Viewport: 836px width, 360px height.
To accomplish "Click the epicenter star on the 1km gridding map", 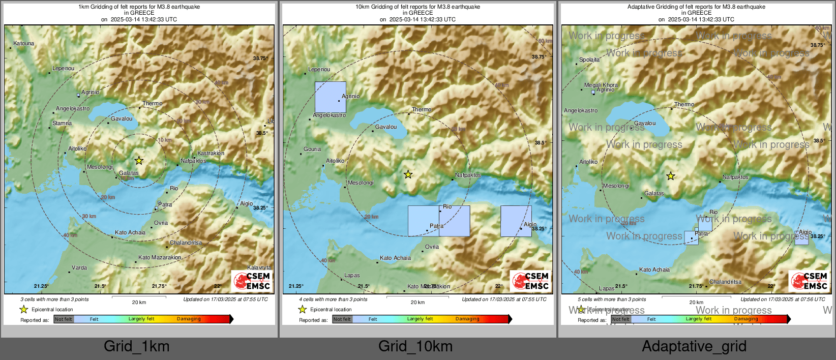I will click(x=139, y=161).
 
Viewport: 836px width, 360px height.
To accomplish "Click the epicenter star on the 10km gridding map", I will click(x=408, y=175).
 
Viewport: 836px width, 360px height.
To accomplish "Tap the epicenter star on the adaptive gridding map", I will click(x=671, y=176).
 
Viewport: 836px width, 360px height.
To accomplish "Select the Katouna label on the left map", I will click(x=23, y=44).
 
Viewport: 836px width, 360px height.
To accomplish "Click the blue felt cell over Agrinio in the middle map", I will click(x=330, y=97).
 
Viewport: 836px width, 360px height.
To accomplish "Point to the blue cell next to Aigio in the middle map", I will click(x=516, y=221).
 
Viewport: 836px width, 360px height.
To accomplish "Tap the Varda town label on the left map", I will click(x=79, y=267).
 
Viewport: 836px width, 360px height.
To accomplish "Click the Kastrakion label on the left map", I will click(x=211, y=153).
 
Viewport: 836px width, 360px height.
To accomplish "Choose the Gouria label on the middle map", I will click(x=312, y=149).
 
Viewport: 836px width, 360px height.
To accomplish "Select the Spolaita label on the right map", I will click(x=589, y=59).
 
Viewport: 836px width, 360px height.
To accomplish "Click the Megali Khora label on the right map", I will click(x=601, y=85).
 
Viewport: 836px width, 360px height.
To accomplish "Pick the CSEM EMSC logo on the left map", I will click(x=252, y=281).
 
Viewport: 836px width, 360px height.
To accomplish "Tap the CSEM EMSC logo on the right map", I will click(x=810, y=281).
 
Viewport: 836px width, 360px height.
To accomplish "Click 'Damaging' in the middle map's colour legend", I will click(x=467, y=319).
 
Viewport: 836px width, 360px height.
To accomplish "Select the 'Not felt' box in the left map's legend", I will click(x=64, y=319).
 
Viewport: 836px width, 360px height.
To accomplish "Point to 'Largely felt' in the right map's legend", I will click(x=699, y=319).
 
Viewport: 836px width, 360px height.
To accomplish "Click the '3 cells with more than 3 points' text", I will click(x=54, y=299).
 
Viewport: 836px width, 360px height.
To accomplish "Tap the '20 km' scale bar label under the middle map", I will click(x=417, y=303).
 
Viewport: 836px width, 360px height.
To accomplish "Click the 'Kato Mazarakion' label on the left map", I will click(x=160, y=257).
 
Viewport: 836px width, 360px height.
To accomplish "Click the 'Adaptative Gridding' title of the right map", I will click(x=696, y=7).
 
